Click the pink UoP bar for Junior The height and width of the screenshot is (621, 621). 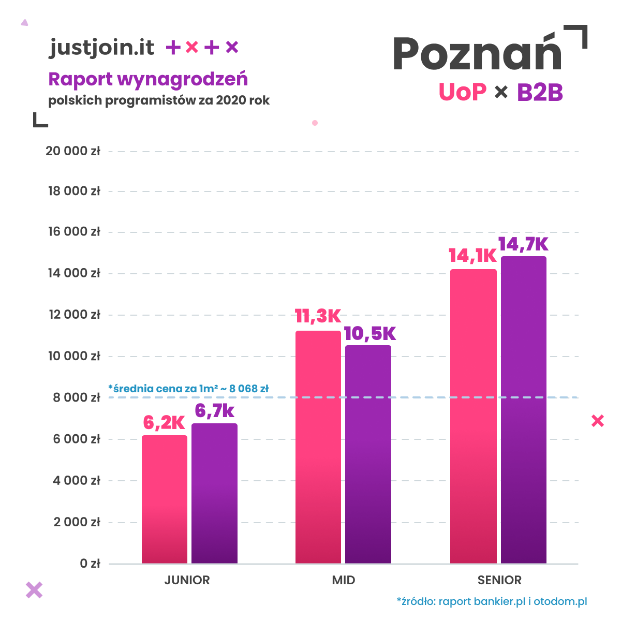[x=165, y=499]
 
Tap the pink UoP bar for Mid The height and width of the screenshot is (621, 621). [x=318, y=447]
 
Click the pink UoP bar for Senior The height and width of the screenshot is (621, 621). [x=473, y=416]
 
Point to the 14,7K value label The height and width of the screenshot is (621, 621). [x=523, y=244]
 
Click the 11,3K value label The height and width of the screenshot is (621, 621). [x=318, y=316]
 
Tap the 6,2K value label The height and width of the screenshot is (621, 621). [x=164, y=423]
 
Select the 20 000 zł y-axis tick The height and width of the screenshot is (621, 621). [x=73, y=151]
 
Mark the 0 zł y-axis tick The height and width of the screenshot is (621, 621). [x=90, y=564]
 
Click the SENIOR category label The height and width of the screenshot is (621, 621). [x=499, y=580]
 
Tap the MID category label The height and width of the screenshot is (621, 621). [x=344, y=580]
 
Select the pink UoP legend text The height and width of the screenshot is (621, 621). [x=463, y=92]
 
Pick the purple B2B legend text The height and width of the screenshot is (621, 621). [x=540, y=93]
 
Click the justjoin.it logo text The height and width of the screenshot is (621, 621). [x=102, y=48]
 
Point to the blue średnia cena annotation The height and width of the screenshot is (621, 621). [x=188, y=388]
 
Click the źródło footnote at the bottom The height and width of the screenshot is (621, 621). [x=492, y=601]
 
